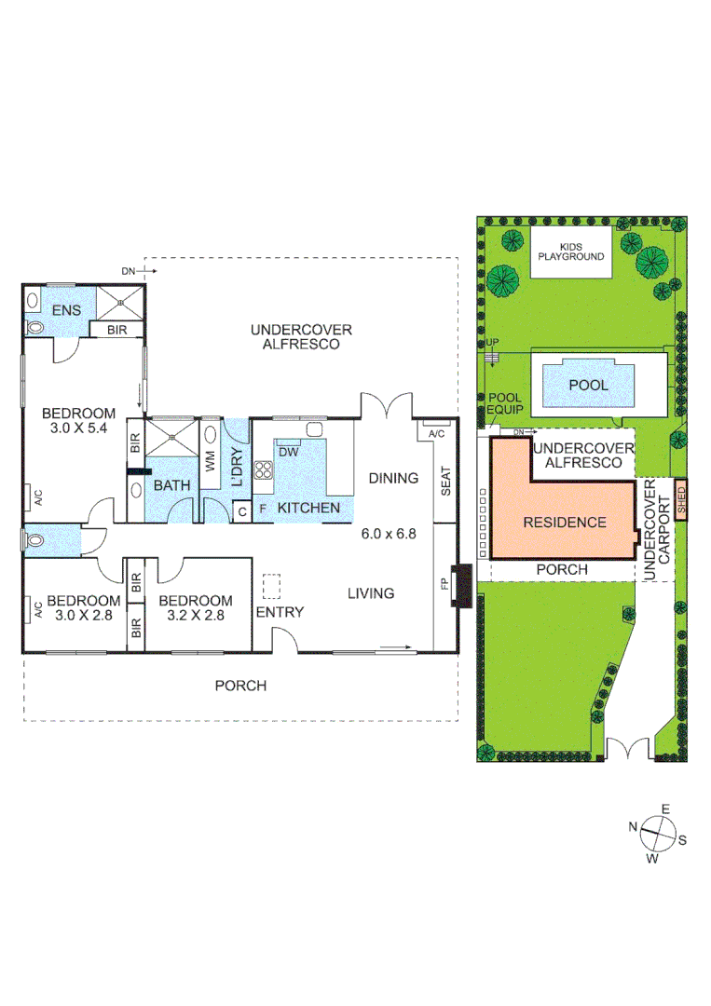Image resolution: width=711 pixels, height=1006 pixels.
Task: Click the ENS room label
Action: [66, 310]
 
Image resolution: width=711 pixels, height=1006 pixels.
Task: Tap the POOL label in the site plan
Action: [588, 385]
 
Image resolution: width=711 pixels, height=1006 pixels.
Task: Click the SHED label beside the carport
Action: [680, 502]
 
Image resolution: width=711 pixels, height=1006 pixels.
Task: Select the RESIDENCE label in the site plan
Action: [565, 523]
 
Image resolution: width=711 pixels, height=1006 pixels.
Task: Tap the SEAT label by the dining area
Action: [444, 480]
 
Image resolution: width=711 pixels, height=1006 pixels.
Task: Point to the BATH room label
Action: [171, 485]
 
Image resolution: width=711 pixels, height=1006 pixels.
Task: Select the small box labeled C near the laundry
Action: [240, 510]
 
